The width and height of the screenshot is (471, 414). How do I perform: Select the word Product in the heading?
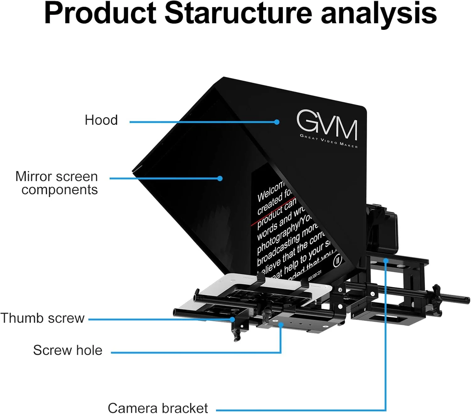100,13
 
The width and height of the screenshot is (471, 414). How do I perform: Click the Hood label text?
101,120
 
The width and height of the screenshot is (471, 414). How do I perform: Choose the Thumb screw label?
42,318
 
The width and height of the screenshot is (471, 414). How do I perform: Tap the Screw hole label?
68,350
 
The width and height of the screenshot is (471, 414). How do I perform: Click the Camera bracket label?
158,408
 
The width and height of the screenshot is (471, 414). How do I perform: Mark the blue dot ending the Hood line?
277,122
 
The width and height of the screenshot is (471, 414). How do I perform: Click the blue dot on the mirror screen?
220,178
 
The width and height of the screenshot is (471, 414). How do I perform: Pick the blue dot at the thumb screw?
232,319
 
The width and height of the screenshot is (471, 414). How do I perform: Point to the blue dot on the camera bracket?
386,261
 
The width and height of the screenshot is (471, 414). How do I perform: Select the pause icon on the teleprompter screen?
338,260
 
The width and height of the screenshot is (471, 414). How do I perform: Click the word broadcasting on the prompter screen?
278,249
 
